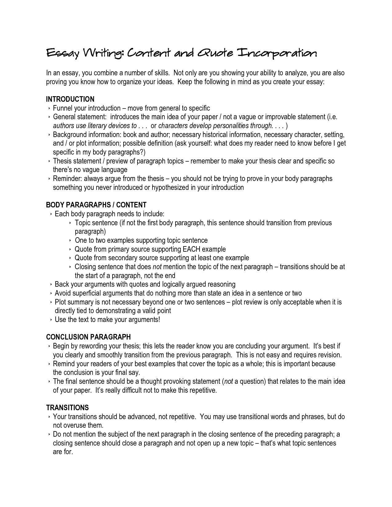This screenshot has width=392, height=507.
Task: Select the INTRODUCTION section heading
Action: pos(70,99)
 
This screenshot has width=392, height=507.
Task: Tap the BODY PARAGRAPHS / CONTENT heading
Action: pos(96,205)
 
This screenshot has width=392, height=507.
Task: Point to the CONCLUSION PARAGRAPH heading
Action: pos(89,337)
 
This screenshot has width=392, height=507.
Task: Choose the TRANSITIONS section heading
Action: pos(67,408)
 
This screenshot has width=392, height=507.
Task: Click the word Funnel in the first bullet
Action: pos(63,108)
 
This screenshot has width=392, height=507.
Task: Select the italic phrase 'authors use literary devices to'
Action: pos(95,126)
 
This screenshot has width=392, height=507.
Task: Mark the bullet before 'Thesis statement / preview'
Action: pos(49,161)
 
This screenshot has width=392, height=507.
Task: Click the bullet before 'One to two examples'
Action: pos(71,241)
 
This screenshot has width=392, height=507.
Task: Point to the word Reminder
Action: pos(67,179)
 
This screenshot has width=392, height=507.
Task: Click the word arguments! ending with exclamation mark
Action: pos(144,320)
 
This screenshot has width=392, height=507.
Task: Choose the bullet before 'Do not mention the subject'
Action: pos(49,434)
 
